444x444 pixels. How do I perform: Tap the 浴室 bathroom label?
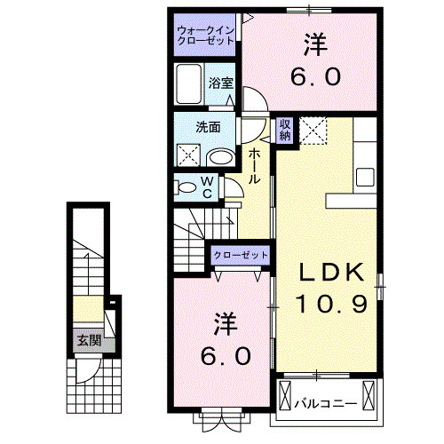[221, 83]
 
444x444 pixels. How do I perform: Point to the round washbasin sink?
[220, 157]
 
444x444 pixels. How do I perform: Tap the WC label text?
[206, 186]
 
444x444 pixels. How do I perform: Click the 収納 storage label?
[286, 129]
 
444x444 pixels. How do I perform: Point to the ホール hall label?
[255, 166]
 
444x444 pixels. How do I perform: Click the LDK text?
[326, 271]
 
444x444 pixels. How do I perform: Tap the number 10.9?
[326, 305]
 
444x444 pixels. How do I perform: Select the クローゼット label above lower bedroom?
[241, 255]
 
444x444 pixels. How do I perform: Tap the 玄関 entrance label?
[86, 339]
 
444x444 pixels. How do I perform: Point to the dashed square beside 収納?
[315, 130]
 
